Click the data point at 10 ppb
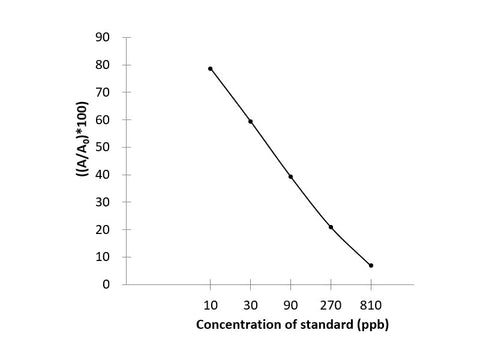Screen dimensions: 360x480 (210, 68)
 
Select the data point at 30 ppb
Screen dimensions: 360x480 (250, 121)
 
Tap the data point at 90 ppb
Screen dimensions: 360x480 (290, 176)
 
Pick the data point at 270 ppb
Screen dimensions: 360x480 (331, 227)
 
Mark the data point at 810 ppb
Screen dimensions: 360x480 (371, 265)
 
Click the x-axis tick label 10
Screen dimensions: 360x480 (210, 303)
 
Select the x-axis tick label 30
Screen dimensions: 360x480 (250, 303)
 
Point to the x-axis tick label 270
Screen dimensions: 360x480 (331, 303)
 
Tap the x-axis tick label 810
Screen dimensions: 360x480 (371, 303)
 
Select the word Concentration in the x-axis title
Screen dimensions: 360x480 (234, 325)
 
